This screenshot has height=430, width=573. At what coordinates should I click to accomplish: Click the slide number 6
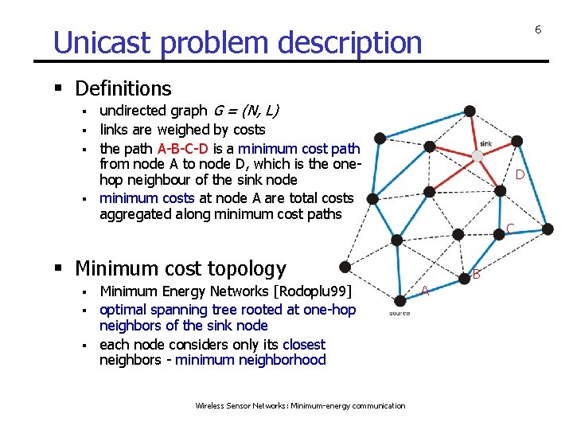click(x=538, y=29)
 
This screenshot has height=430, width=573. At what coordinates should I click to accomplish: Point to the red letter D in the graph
click(x=519, y=174)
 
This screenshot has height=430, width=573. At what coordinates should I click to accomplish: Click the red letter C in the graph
click(x=509, y=229)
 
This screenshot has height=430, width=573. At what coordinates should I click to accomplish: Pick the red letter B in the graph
click(x=477, y=275)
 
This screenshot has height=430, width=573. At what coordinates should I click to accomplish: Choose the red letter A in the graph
click(x=425, y=291)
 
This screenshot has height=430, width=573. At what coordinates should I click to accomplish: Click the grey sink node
click(x=478, y=155)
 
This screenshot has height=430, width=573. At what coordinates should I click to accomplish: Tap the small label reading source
click(x=400, y=313)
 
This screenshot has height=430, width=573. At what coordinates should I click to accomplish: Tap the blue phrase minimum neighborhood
click(x=251, y=360)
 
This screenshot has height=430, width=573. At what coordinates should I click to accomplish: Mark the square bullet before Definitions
click(x=62, y=88)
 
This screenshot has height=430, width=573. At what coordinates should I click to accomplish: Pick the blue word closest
click(x=304, y=345)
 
